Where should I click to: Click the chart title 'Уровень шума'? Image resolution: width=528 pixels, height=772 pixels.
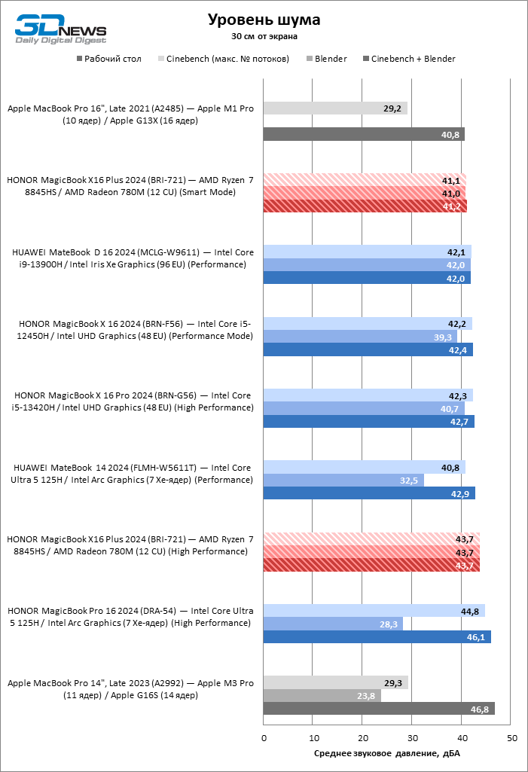pyautogui.click(x=264, y=20)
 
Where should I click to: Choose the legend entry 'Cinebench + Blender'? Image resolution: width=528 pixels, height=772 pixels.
pyautogui.click(x=413, y=59)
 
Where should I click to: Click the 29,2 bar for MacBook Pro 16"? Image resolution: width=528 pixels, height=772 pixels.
pyautogui.click(x=335, y=108)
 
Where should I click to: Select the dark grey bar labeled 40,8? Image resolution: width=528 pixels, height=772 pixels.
pyautogui.click(x=364, y=134)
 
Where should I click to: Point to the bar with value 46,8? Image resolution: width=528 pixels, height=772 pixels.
pyautogui.click(x=379, y=709)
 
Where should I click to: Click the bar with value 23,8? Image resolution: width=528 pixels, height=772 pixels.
pyautogui.click(x=322, y=696)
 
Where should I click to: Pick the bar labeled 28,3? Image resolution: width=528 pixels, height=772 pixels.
pyautogui.click(x=333, y=624)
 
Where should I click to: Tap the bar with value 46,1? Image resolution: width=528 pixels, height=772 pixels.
pyautogui.click(x=377, y=637)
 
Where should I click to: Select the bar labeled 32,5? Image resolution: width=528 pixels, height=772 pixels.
pyautogui.click(x=343, y=480)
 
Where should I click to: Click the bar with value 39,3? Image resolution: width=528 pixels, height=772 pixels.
pyautogui.click(x=360, y=337)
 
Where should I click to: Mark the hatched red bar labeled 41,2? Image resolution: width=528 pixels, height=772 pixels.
pyautogui.click(x=365, y=206)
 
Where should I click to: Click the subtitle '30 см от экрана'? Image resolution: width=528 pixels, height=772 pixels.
pyautogui.click(x=264, y=35)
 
